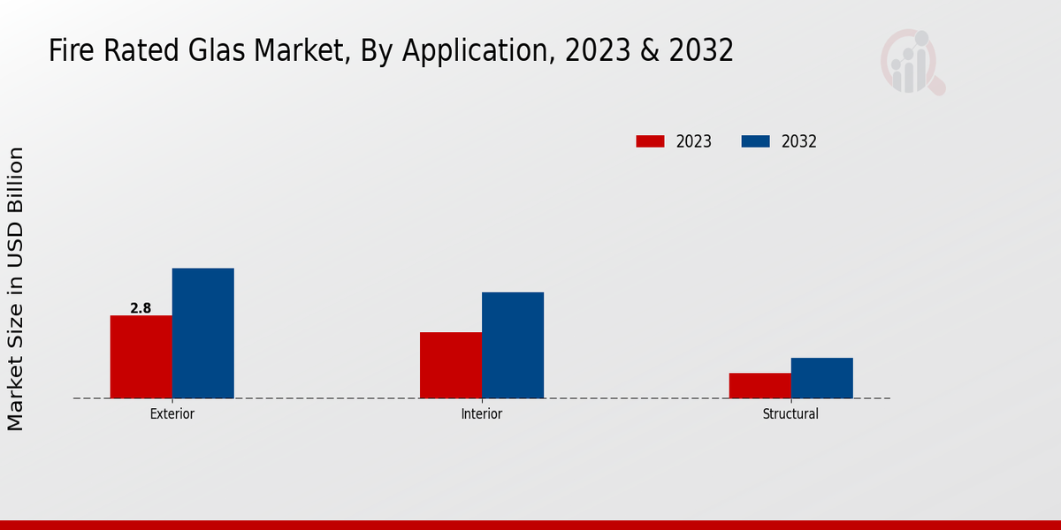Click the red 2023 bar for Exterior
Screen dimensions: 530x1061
pyautogui.click(x=141, y=357)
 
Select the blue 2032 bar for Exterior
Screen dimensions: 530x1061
pyautogui.click(x=202, y=333)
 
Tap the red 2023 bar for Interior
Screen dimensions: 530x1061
pyautogui.click(x=450, y=365)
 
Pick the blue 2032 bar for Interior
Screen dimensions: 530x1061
pyautogui.click(x=512, y=345)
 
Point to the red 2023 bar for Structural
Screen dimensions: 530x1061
pyautogui.click(x=759, y=385)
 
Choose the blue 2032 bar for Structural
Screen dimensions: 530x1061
pyautogui.click(x=821, y=378)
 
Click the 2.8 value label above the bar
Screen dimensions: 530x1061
pyautogui.click(x=141, y=308)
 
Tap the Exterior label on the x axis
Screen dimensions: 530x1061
pyautogui.click(x=172, y=413)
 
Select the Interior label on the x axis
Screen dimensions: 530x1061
pyautogui.click(x=481, y=413)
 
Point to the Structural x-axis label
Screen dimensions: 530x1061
pyautogui.click(x=790, y=413)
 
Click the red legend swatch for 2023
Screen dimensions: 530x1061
pyautogui.click(x=650, y=141)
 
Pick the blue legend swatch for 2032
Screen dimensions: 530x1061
pyautogui.click(x=755, y=141)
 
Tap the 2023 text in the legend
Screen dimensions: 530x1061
pyautogui.click(x=693, y=141)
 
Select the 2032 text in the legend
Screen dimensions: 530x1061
pyautogui.click(x=798, y=141)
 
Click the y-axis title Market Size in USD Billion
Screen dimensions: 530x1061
pyautogui.click(x=16, y=289)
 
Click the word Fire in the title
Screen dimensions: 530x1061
pyautogui.click(x=66, y=51)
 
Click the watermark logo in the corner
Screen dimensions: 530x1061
pyautogui.click(x=912, y=62)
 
